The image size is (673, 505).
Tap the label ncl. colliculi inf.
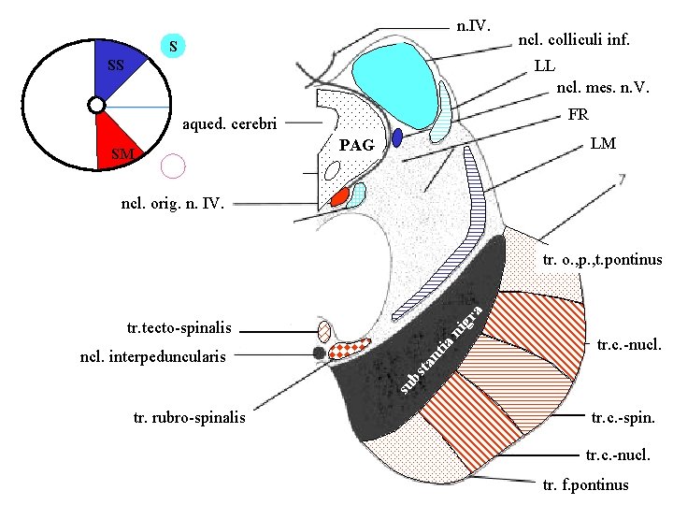click(573, 41)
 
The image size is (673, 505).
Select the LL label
click(544, 66)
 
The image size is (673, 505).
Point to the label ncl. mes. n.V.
click(602, 89)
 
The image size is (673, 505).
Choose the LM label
click(602, 145)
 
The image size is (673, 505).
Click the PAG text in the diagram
click(356, 146)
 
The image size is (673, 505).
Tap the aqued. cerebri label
click(230, 123)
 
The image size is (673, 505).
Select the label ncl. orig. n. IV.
click(173, 201)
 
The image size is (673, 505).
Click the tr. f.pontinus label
click(585, 485)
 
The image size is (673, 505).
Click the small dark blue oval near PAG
click(397, 137)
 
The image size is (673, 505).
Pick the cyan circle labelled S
click(174, 46)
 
